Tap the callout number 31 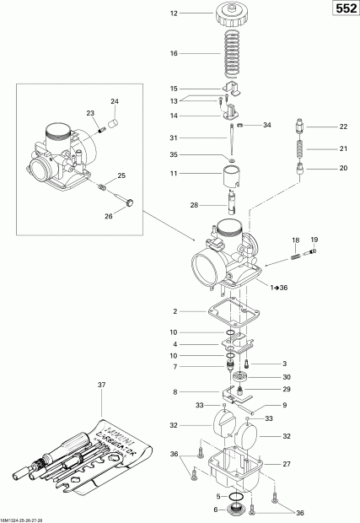click(x=174, y=138)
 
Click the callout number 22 click(x=343, y=127)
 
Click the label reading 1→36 click(x=279, y=288)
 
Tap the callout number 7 click(x=174, y=367)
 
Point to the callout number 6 click(x=194, y=510)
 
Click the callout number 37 click(x=102, y=386)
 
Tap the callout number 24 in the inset click(x=115, y=101)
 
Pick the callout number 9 click(x=283, y=406)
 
